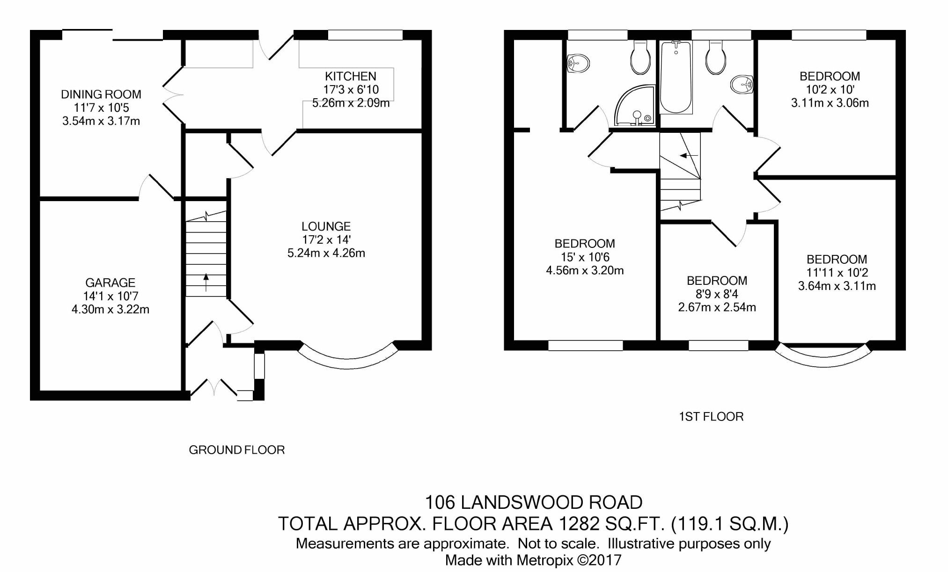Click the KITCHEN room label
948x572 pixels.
tap(351, 76)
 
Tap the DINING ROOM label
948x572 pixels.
tap(101, 94)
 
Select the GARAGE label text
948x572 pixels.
tap(110, 282)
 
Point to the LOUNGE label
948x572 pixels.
tap(326, 226)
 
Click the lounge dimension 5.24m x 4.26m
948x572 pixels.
tap(326, 253)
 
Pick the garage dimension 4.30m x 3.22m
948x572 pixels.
tap(110, 309)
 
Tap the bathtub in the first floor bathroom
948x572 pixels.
tap(676, 77)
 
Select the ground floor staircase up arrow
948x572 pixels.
tap(206, 282)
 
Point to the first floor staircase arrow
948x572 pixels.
tap(689, 155)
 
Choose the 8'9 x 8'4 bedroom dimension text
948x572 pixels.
tap(717, 294)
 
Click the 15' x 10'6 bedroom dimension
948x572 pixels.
tap(585, 257)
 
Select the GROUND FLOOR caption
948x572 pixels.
tap(237, 450)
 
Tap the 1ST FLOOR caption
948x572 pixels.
tap(712, 417)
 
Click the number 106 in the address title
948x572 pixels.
tap(440, 503)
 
